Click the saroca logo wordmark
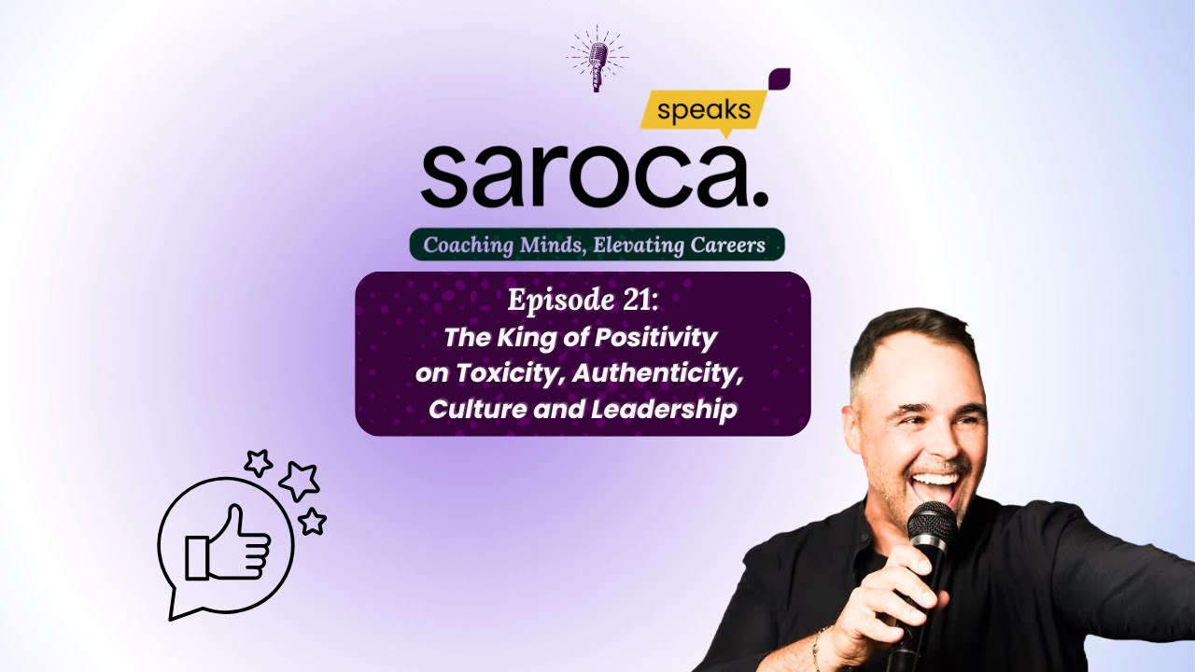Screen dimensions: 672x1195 [583, 175]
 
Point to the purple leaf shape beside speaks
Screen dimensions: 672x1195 [777, 80]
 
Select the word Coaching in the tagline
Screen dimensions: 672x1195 [466, 245]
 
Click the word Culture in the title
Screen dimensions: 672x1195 [472, 410]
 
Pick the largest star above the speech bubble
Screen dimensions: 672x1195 [299, 480]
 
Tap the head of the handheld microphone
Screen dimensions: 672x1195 [932, 528]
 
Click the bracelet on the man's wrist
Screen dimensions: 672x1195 [819, 649]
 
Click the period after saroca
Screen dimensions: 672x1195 [759, 199]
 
